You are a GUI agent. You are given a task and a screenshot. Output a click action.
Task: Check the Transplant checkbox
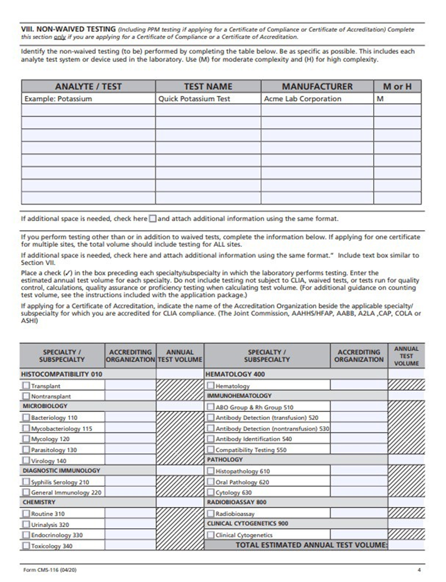[x=26, y=385]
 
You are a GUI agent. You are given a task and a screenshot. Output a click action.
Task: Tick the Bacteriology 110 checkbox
[x=26, y=417]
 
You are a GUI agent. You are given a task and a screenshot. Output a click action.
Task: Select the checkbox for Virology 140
[x=26, y=460]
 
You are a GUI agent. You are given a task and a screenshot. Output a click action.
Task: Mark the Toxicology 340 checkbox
[x=26, y=546]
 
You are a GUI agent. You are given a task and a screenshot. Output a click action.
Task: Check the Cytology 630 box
[x=211, y=493]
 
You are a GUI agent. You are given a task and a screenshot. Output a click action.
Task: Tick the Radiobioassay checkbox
[x=211, y=514]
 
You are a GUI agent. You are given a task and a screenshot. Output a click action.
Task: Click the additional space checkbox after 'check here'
[x=152, y=218]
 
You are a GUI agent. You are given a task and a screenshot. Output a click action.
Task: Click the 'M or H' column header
[x=397, y=86]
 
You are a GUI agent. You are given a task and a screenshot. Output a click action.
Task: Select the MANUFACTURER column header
[x=317, y=86]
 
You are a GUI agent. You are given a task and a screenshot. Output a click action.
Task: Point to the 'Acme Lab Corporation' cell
[x=303, y=99]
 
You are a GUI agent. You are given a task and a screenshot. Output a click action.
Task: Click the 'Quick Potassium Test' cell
[x=194, y=99]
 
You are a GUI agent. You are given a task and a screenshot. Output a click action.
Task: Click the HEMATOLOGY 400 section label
[x=235, y=374]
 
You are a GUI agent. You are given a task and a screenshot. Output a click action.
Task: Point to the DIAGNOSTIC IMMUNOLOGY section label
[x=61, y=470]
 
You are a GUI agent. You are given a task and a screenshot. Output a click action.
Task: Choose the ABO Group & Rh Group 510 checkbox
[x=211, y=407]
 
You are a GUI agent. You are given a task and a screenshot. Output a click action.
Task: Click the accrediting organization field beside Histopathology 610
[x=359, y=471]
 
